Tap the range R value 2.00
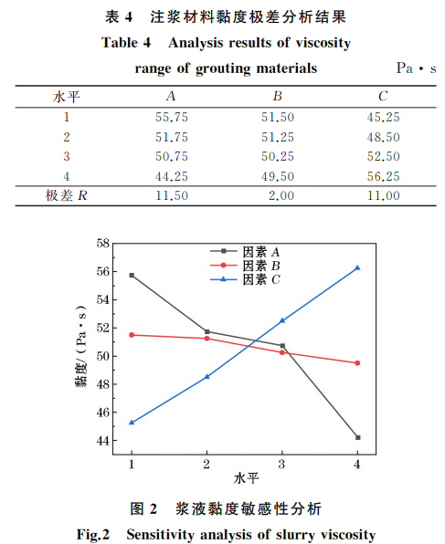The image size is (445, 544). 281,196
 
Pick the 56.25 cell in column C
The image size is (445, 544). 383,176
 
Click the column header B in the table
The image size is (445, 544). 278,97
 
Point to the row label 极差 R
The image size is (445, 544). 66,196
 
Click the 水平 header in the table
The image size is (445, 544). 67,97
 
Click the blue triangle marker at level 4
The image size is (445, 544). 357,267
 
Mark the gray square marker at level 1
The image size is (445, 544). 132,275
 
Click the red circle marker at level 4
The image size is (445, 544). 357,363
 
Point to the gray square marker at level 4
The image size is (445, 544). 357,437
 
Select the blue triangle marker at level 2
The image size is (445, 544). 207,376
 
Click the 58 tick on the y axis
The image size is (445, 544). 101,244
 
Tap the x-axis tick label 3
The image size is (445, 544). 282,464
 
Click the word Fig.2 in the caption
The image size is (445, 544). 92,534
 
